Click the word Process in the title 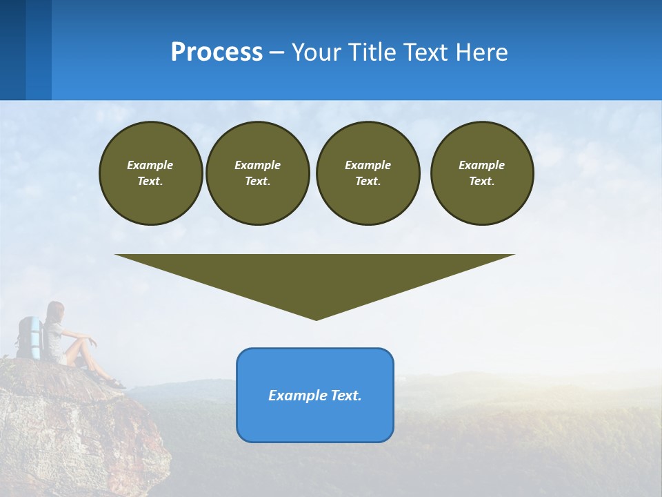(217, 52)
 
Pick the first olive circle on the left (150, 173)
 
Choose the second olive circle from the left (257, 173)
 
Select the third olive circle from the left (368, 173)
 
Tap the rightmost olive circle (481, 173)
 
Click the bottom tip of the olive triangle (316, 318)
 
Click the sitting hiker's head (54, 311)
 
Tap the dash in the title (277, 52)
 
